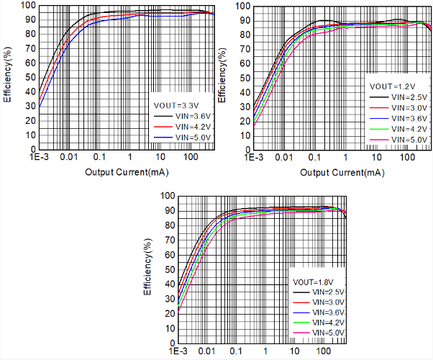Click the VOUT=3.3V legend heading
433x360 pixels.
click(173, 104)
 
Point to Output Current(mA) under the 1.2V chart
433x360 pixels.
click(342, 173)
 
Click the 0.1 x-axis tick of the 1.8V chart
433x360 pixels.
click(235, 352)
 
